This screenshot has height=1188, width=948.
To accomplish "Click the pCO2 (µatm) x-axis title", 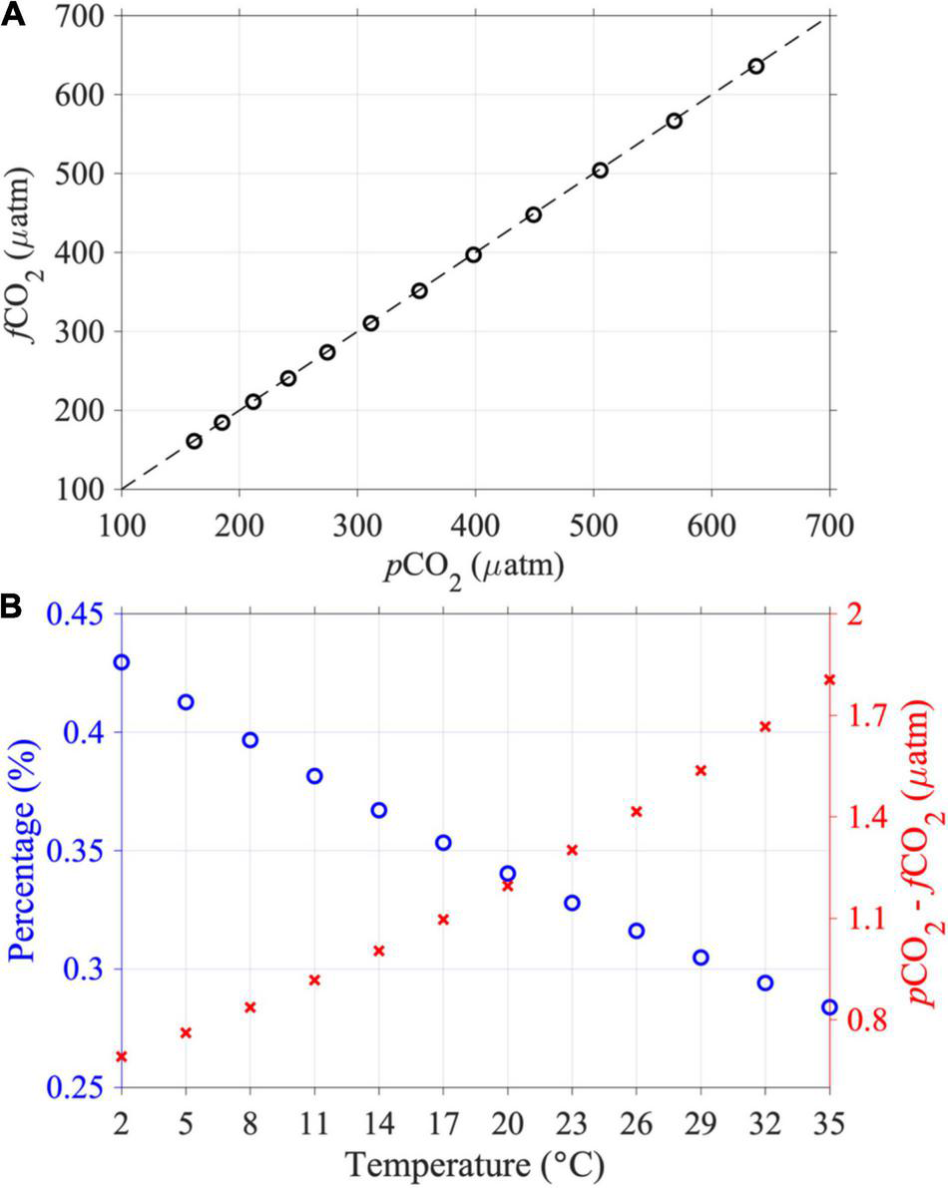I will [475, 570].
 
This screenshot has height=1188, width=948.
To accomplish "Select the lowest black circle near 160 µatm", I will [194, 441].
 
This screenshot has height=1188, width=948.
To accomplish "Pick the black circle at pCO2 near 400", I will [473, 254].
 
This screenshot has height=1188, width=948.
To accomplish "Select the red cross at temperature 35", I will [829, 680].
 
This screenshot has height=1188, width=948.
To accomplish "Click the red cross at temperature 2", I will [122, 1056].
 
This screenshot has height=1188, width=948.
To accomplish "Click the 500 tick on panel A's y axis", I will [85, 174].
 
